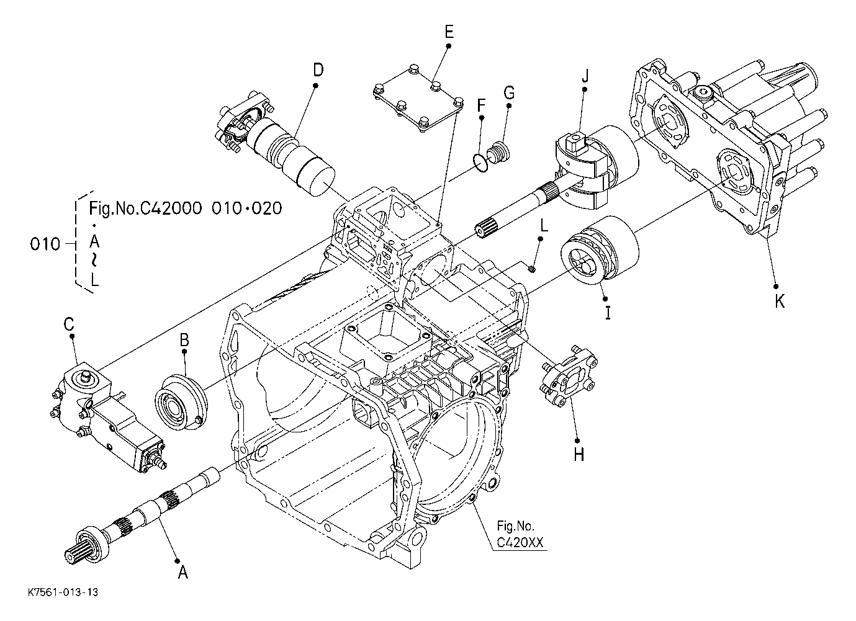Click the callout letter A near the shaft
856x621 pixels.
[183, 573]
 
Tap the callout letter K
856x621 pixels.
[780, 302]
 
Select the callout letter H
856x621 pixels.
[579, 455]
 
